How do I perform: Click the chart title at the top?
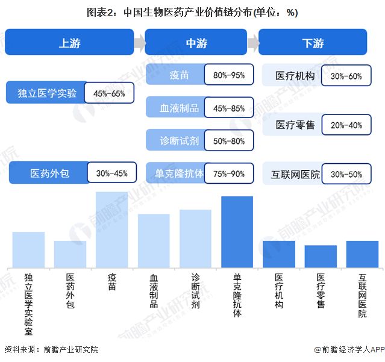click(192, 12)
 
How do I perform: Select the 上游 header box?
click(69, 43)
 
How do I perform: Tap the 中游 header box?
click(196, 43)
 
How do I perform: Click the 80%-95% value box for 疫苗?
click(228, 75)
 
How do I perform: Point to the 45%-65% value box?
click(109, 93)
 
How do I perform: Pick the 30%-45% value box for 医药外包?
click(111, 173)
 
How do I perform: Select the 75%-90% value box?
click(228, 173)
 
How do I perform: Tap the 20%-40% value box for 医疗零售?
click(346, 125)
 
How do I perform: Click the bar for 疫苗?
click(112, 229)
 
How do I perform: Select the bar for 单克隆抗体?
click(237, 232)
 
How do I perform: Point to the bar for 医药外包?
click(70, 254)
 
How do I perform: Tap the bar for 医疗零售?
click(321, 256)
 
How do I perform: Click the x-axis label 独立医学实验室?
click(28, 304)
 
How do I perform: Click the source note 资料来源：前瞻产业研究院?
click(51, 349)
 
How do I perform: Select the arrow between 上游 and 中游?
click(139, 43)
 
